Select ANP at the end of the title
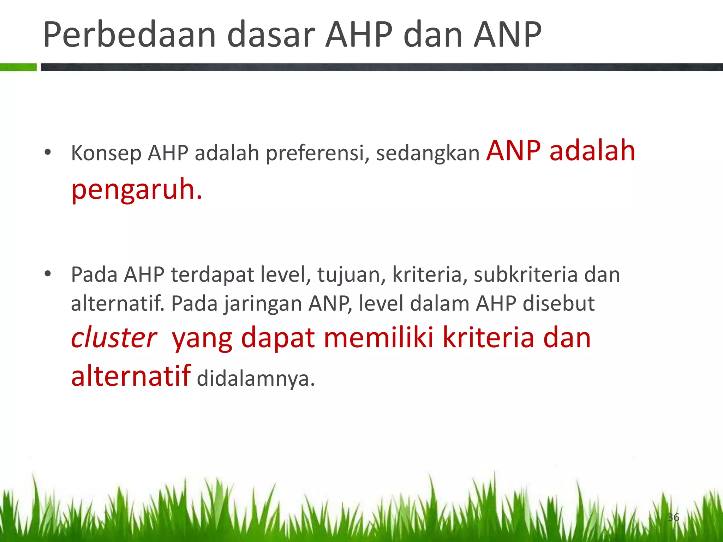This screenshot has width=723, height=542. (x=507, y=35)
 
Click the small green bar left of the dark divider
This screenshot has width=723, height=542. (x=18, y=67)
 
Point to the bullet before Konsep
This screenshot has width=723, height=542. (x=48, y=153)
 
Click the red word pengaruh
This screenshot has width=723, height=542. (x=136, y=190)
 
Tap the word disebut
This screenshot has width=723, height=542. (x=558, y=303)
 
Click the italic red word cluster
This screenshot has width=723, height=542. (x=114, y=338)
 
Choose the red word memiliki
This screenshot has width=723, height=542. (x=378, y=338)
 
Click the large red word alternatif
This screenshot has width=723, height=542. (x=131, y=376)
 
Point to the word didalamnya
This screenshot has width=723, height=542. (x=255, y=379)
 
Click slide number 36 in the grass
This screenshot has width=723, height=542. (x=673, y=517)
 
